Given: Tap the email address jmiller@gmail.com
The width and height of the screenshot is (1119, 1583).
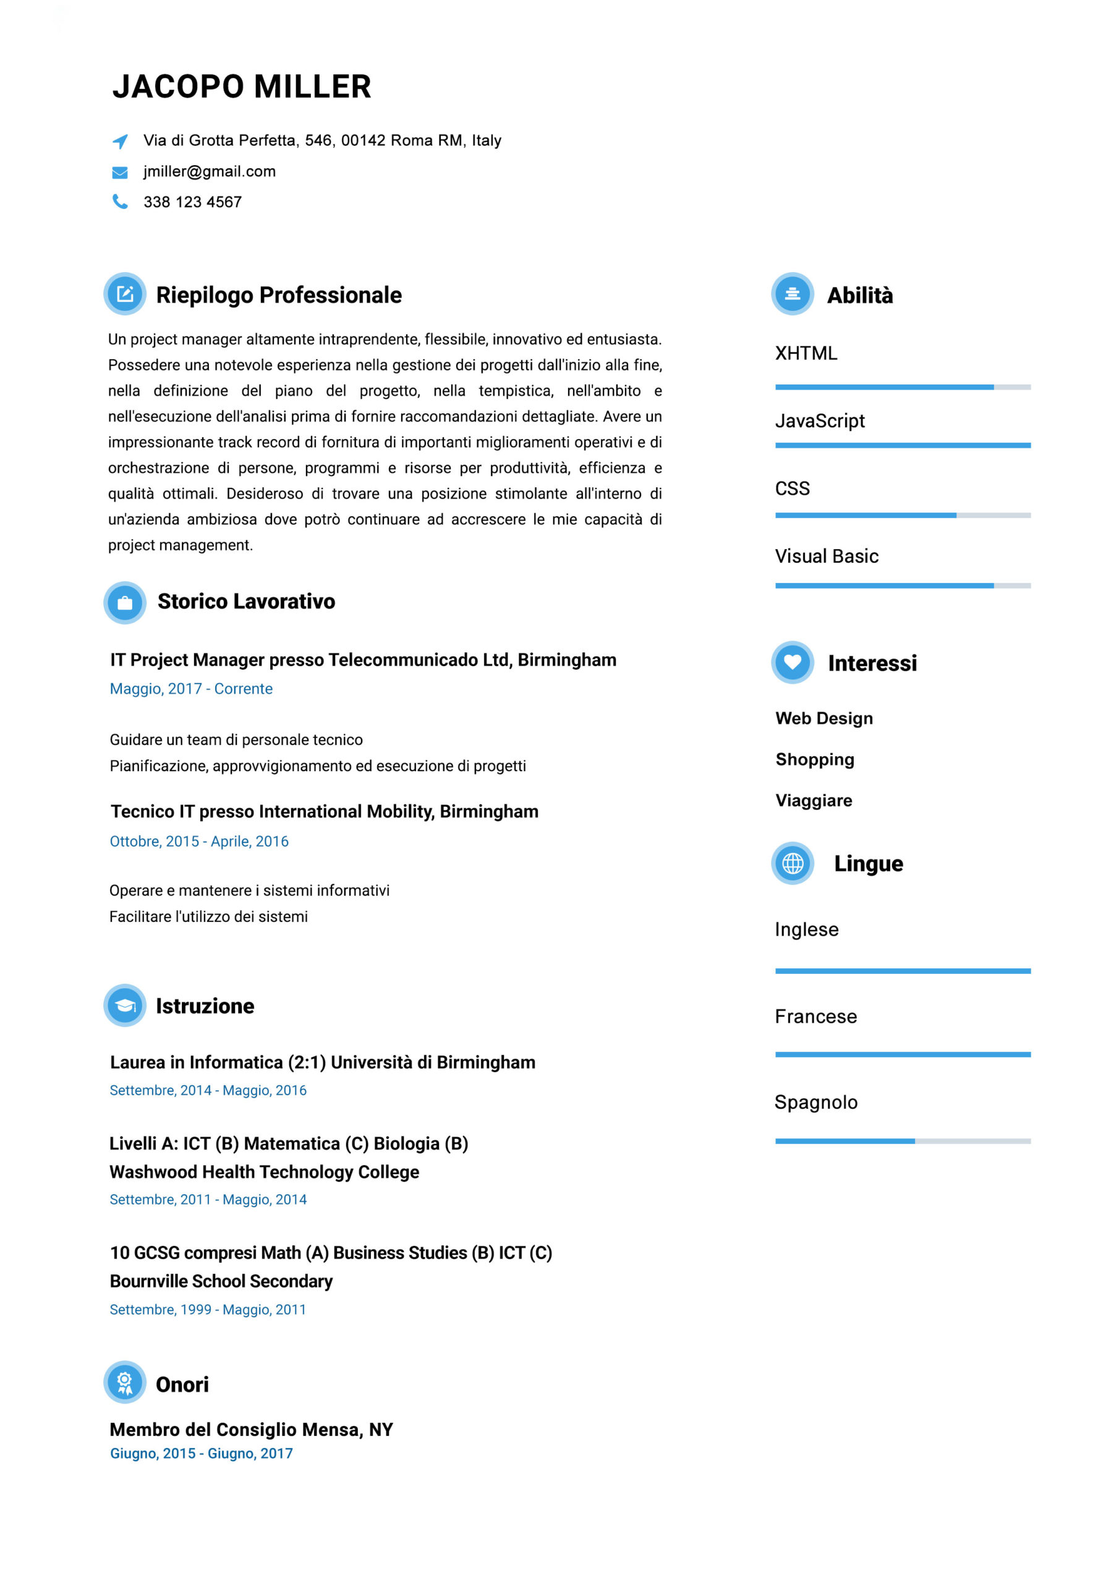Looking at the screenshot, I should pos(209,172).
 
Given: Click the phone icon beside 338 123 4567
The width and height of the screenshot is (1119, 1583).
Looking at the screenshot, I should pos(120,202).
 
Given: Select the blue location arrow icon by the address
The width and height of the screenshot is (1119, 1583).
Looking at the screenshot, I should pos(120,142).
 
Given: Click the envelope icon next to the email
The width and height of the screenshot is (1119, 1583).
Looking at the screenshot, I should pos(120,173).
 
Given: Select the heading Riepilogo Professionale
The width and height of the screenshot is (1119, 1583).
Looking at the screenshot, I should pos(279,295).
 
